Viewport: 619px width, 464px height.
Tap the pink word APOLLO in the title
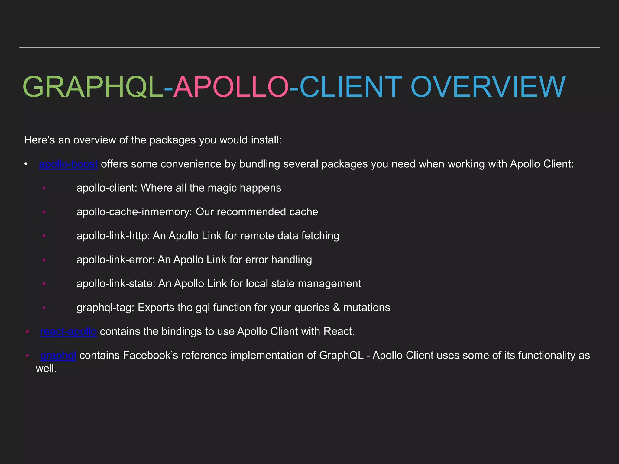pos(231,87)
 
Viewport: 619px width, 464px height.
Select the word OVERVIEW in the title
pos(488,87)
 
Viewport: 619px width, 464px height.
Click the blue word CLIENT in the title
pos(351,87)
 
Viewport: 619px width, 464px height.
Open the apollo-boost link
pos(68,164)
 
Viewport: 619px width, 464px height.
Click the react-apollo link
pos(68,332)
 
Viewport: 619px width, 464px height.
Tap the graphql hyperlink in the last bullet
pos(58,356)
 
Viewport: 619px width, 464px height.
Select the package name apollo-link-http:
pos(113,236)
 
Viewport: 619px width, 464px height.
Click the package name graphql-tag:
pos(105,308)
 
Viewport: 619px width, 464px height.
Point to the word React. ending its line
pos(339,332)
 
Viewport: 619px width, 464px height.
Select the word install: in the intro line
pos(266,140)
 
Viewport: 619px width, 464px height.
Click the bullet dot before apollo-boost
pos(26,164)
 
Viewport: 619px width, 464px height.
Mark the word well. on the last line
pos(46,369)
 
